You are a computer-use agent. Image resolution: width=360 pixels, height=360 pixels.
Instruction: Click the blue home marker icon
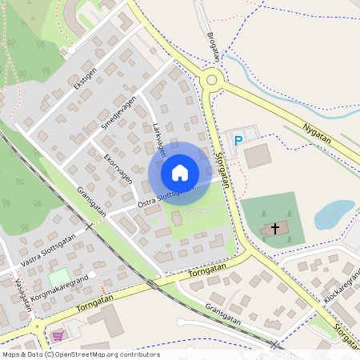[x=180, y=173]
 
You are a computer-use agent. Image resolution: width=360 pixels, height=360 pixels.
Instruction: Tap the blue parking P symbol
[x=238, y=141]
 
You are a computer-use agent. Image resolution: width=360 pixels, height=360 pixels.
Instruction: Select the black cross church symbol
[x=275, y=229]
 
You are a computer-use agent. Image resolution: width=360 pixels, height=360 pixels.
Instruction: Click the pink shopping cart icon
[x=57, y=335]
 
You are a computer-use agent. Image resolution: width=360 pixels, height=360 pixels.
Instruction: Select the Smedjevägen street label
[x=119, y=114]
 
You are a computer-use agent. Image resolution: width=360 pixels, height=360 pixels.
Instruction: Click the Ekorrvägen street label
[x=118, y=170]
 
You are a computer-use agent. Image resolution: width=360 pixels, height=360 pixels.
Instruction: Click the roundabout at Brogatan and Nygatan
[x=211, y=78]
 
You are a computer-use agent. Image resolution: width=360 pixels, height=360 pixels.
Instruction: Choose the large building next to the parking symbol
[x=258, y=156]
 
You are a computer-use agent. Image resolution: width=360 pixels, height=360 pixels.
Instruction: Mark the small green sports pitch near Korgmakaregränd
[x=58, y=278]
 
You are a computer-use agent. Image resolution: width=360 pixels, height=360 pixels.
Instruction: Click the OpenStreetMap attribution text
[x=80, y=354]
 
